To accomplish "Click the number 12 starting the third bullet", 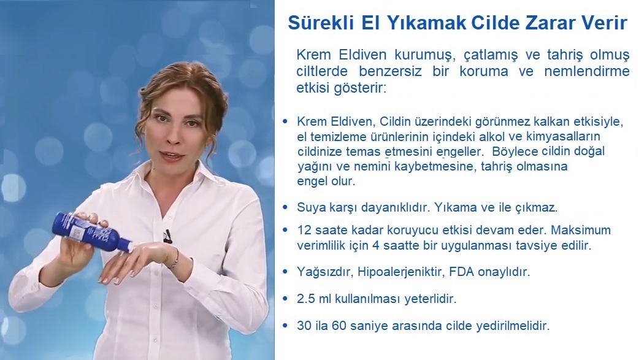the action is (x=304, y=230).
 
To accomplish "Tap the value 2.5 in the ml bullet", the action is (x=306, y=299).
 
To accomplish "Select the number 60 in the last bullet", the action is (x=339, y=326).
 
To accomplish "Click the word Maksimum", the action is (x=581, y=230).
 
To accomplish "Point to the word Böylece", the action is (x=515, y=151).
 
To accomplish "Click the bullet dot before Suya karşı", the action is (x=285, y=207).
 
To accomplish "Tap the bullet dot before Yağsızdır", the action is (x=285, y=271).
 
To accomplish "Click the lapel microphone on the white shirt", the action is (x=167, y=236).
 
